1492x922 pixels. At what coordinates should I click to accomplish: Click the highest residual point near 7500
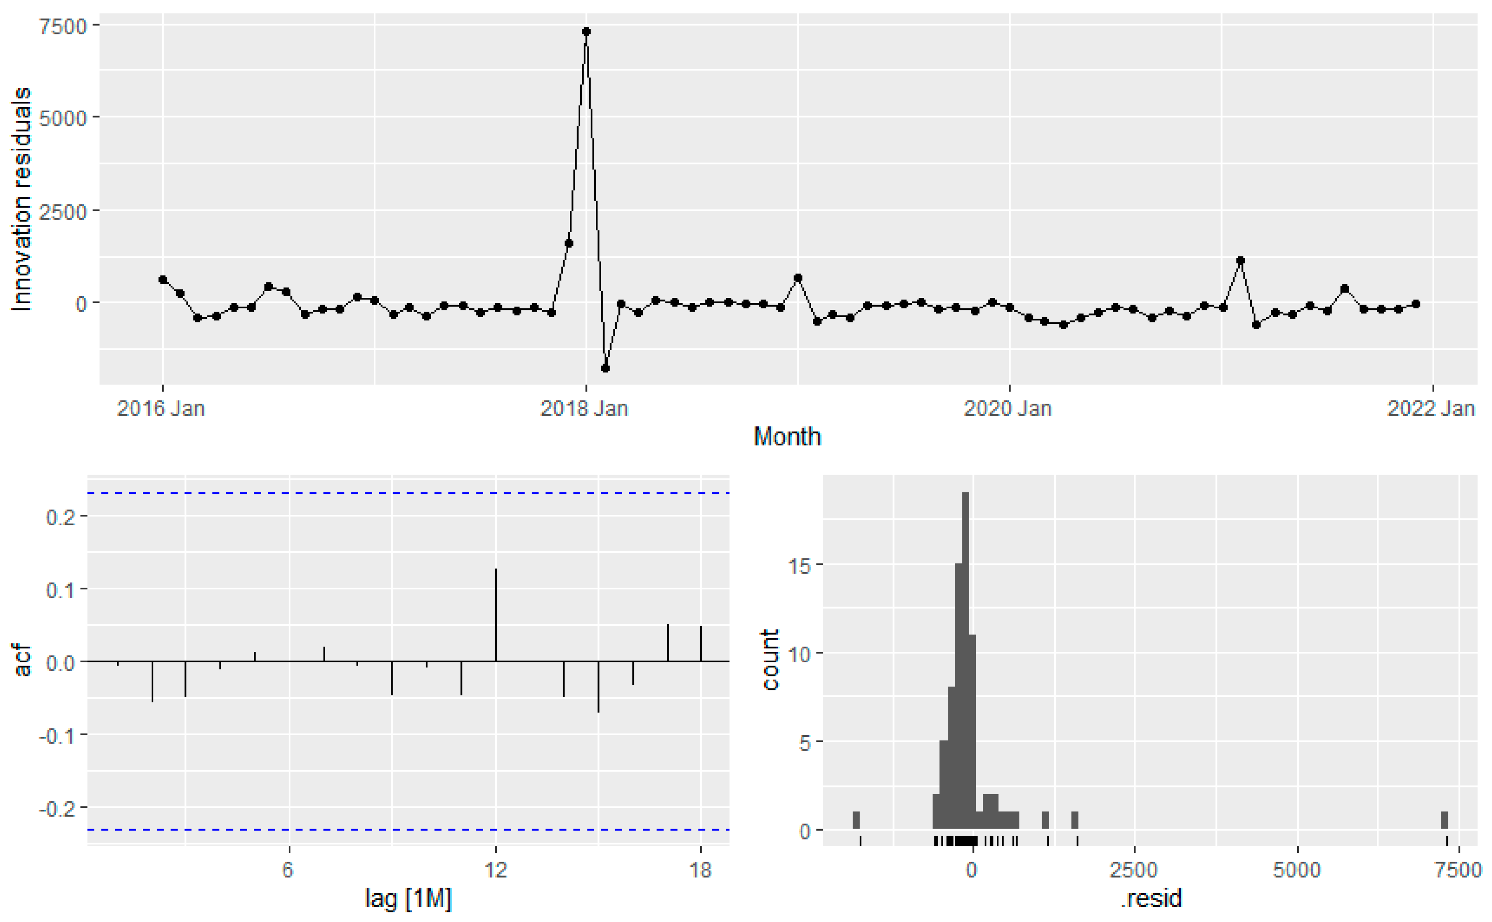point(586,32)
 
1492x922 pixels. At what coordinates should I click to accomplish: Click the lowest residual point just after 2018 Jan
point(605,368)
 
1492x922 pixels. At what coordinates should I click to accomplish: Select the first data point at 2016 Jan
point(163,279)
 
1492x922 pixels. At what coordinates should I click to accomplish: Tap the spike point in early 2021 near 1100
point(1240,261)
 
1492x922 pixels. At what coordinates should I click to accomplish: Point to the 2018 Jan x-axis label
point(584,408)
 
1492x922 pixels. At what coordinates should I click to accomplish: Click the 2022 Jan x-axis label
point(1430,408)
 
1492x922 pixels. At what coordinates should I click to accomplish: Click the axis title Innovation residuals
point(22,199)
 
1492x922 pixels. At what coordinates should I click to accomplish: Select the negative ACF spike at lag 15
point(598,686)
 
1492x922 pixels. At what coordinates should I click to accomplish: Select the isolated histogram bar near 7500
point(1444,820)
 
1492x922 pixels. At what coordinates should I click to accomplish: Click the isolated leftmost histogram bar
point(856,820)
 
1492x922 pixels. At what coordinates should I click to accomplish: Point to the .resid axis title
point(1151,898)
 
